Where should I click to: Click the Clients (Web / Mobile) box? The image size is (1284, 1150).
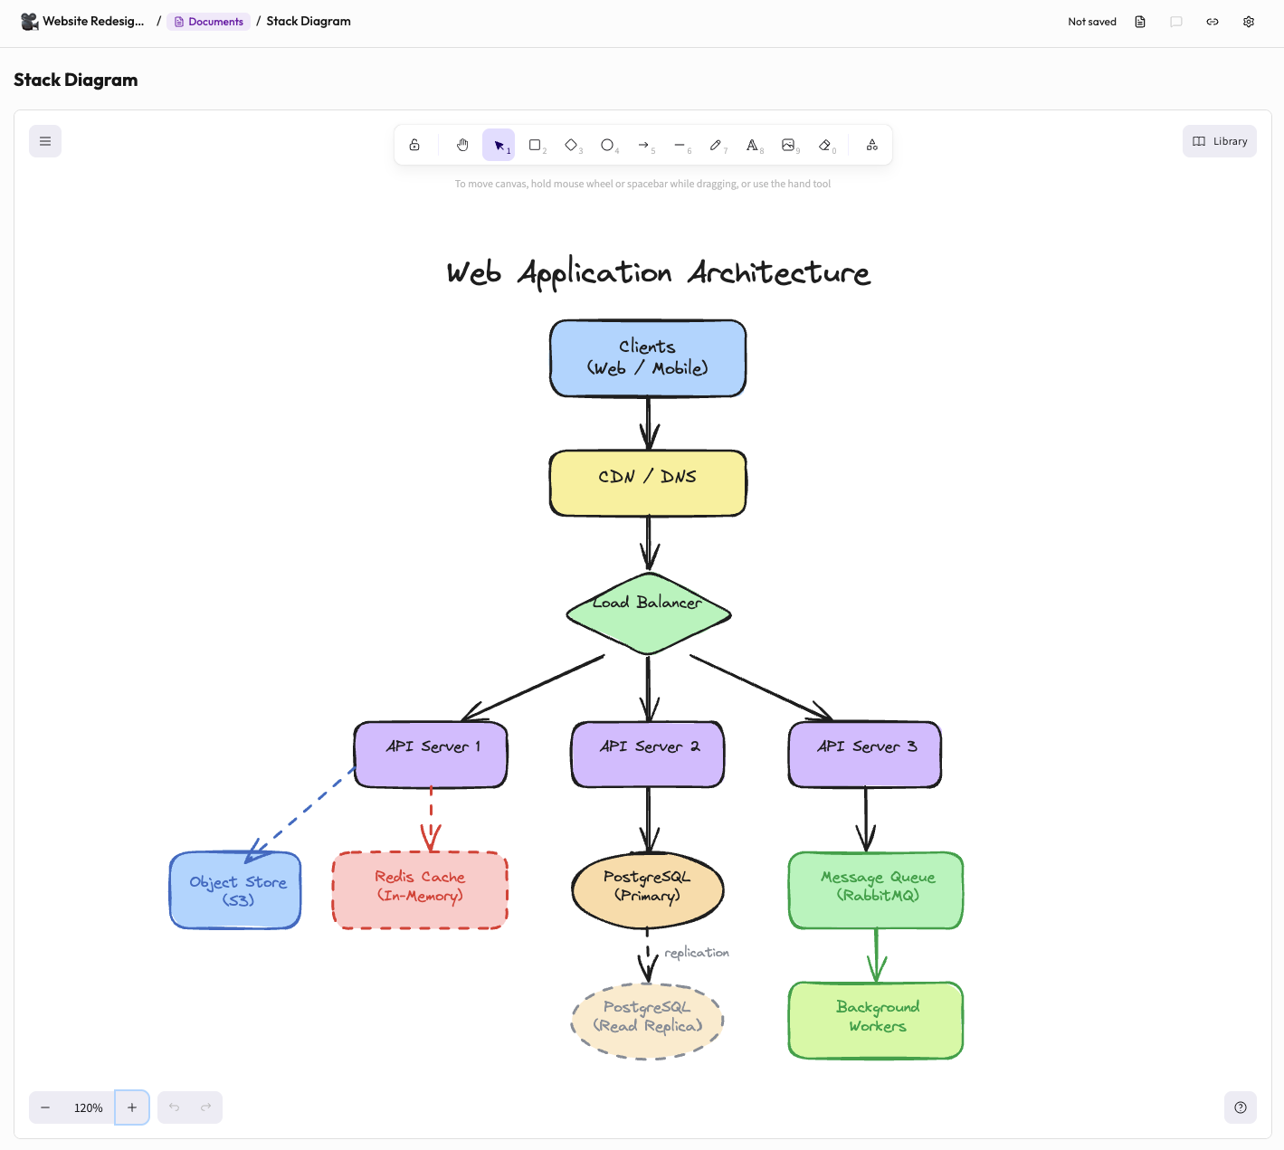[x=648, y=358]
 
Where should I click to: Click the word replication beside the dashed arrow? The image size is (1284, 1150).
[x=696, y=953]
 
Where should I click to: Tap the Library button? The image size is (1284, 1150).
[x=1219, y=141]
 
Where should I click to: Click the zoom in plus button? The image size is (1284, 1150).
[x=132, y=1107]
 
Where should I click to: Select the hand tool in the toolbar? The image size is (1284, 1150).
[x=462, y=145]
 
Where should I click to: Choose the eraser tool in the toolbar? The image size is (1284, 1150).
[x=824, y=145]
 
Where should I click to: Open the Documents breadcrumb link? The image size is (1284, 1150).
[x=209, y=22]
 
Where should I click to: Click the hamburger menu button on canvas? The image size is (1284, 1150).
[x=45, y=141]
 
